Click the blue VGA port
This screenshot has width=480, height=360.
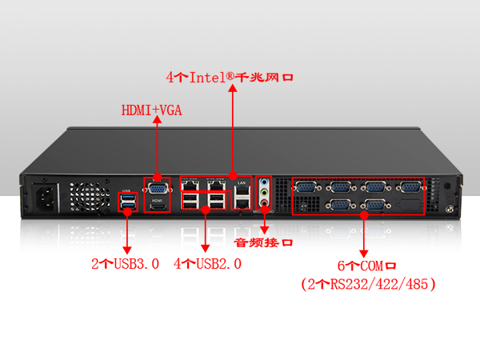pos(157,189)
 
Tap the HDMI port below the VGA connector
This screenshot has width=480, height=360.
pos(158,206)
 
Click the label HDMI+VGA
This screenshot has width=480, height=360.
pos(151,110)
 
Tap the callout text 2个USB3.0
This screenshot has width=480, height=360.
pos(125,262)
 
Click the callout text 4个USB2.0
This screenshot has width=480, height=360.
pos(207,262)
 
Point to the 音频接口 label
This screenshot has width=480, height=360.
pos(263,242)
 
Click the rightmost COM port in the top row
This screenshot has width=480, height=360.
pos(410,187)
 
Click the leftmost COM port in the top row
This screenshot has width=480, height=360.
pos(306,187)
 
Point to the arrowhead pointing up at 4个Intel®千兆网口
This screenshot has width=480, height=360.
pos(233,90)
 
